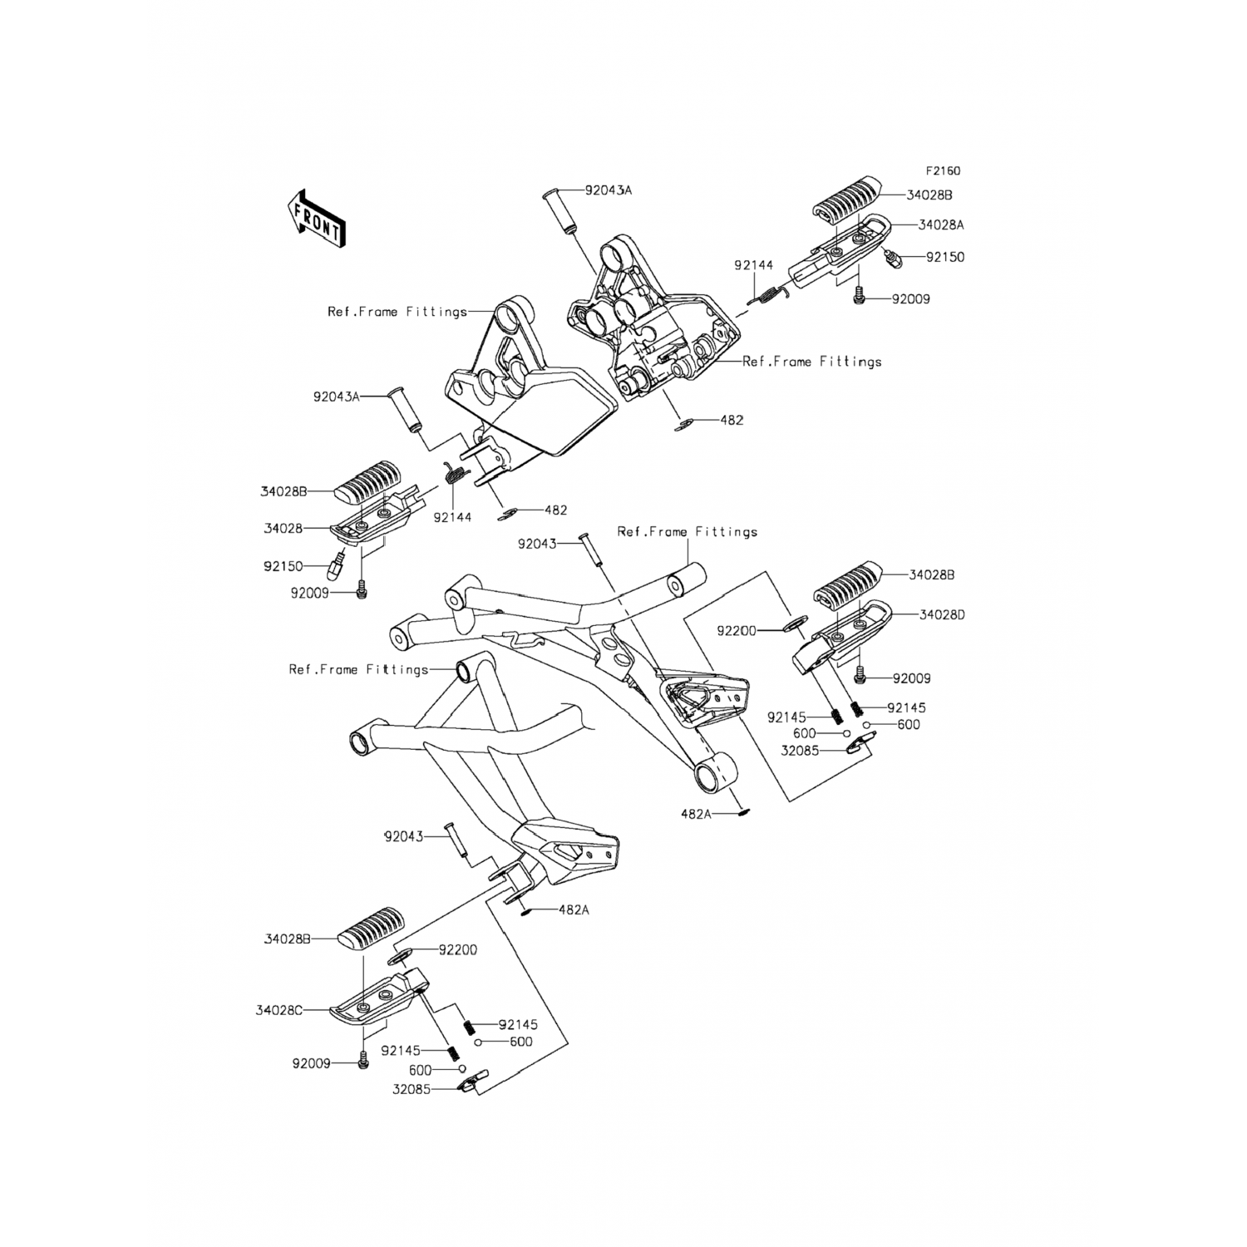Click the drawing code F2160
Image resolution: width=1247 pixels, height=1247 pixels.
coord(944,171)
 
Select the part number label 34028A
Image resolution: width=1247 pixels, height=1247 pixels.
coord(941,224)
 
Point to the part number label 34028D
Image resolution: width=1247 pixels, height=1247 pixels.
coord(942,615)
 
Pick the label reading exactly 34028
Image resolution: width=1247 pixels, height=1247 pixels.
coord(282,528)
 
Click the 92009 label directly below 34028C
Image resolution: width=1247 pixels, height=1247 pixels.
coord(311,1063)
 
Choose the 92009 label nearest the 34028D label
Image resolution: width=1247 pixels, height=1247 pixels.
coord(911,678)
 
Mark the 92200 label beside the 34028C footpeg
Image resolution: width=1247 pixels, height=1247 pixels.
coord(458,949)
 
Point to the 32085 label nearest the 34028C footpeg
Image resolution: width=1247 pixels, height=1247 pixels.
coord(412,1089)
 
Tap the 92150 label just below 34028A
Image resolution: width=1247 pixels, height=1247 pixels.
coord(945,257)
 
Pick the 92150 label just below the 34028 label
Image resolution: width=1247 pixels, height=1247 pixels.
coord(283,565)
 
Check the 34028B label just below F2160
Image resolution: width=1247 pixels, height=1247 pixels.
coord(929,195)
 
